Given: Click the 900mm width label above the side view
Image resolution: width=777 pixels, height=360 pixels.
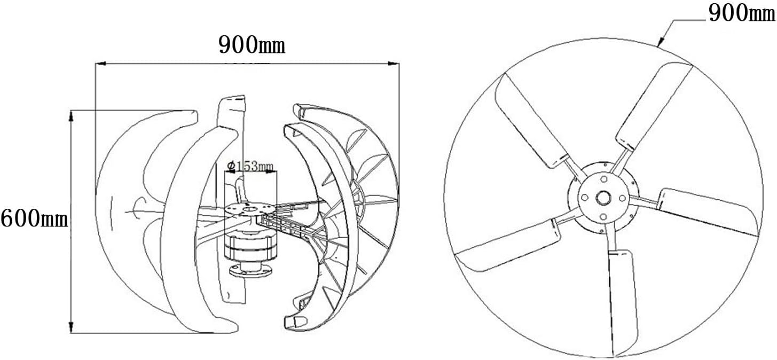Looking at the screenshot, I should pos(252,46).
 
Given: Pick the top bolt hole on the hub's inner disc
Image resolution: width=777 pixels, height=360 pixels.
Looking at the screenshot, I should pos(603,179).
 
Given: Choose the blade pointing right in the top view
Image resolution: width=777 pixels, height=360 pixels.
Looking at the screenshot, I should pos(708,211).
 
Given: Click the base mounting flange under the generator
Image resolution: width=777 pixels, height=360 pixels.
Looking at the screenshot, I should pos(250,270).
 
